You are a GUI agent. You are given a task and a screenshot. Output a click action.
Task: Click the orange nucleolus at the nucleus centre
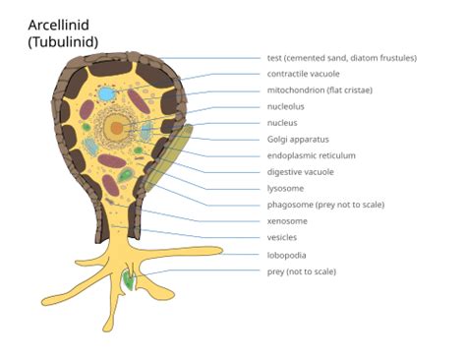(x=117, y=127)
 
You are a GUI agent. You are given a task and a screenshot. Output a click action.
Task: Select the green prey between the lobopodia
(x=129, y=281)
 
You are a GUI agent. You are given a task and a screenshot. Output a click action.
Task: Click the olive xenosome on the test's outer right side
(x=176, y=152)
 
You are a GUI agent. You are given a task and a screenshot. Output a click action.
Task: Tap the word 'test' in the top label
(x=275, y=58)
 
